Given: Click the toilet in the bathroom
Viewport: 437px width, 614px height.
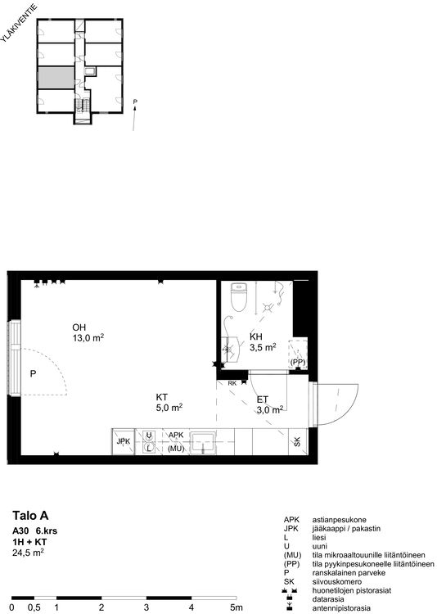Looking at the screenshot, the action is click(238, 297).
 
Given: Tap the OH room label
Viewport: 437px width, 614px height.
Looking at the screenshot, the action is click(79, 327).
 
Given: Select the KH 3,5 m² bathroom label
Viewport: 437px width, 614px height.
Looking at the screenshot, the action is click(263, 342).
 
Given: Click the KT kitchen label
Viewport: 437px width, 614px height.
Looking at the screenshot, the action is click(161, 397).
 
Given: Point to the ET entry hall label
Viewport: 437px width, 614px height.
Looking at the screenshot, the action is click(263, 400).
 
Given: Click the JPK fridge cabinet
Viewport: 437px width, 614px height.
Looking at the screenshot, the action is click(124, 442).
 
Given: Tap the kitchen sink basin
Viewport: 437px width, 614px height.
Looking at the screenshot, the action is click(203, 443).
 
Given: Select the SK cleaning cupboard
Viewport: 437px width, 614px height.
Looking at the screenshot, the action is click(298, 442).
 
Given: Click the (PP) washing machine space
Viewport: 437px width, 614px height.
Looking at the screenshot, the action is click(298, 354).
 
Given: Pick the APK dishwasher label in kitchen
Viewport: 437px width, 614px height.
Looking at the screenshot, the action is click(176, 435).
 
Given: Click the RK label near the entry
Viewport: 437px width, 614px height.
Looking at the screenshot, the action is click(232, 383).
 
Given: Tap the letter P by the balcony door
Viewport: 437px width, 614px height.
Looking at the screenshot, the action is click(33, 374).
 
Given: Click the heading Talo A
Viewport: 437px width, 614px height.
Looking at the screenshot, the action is click(30, 516).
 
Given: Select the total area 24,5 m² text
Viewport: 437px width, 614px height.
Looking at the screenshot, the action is click(28, 553).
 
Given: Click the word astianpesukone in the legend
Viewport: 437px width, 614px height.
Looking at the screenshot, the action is click(339, 520).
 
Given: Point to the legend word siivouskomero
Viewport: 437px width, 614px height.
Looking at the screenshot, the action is click(337, 581).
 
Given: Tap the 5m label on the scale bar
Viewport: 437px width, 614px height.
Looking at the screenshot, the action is click(237, 607).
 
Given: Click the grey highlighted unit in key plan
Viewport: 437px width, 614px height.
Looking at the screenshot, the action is click(56, 78).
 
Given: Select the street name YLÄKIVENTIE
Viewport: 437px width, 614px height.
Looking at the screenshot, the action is click(19, 23).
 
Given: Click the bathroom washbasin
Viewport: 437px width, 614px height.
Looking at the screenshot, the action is click(231, 350).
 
